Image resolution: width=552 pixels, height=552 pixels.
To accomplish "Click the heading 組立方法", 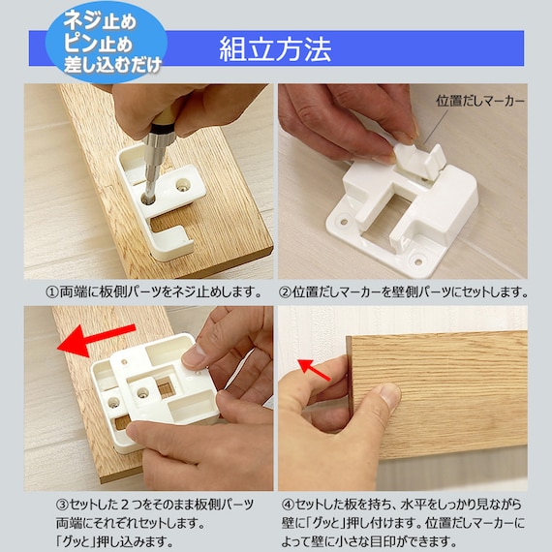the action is click(275, 49).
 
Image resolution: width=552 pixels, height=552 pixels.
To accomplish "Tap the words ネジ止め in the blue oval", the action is click(100, 20).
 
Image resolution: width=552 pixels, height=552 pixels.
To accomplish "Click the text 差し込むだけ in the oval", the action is click(112, 64).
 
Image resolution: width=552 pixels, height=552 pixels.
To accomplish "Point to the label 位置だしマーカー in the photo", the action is click(480, 102).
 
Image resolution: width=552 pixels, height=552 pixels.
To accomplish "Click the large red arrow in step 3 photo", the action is click(96, 340).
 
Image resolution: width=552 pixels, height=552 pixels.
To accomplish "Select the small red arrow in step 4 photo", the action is click(314, 370).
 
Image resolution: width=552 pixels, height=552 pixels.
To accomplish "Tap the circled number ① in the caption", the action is click(52, 292).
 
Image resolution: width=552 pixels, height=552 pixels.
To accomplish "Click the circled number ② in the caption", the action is click(285, 292).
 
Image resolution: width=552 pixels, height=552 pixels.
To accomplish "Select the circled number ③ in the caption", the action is click(62, 505).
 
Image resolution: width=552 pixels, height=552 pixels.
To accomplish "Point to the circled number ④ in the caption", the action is click(288, 505).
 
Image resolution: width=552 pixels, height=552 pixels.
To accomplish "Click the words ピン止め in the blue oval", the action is click(98, 44).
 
